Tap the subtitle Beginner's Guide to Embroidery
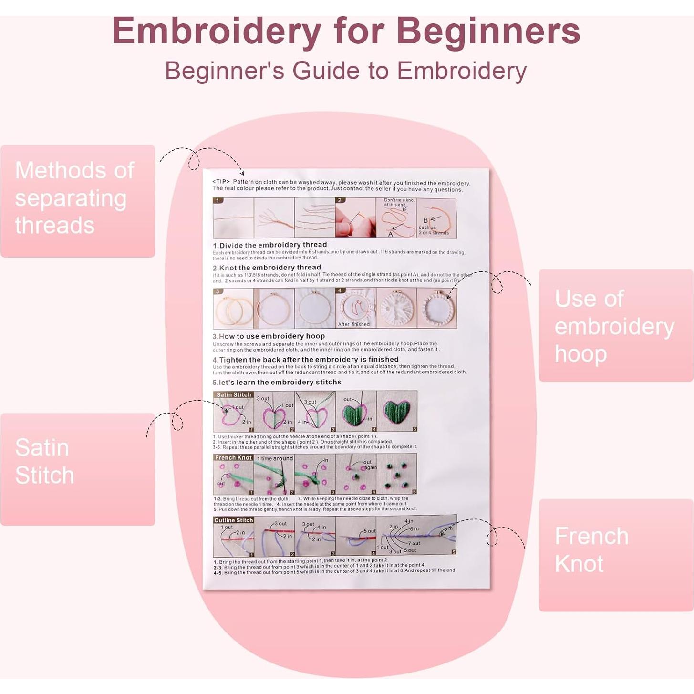point(346,71)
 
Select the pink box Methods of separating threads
point(78,201)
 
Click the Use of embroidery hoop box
point(615,325)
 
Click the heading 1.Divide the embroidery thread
point(270,245)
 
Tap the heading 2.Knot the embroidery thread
point(267,268)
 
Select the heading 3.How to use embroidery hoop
point(269,336)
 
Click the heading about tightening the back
point(305,360)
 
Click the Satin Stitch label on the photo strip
point(234,395)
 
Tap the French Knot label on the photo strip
point(233,458)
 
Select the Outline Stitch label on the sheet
point(233,520)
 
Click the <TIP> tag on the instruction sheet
point(221,182)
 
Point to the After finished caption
point(354,324)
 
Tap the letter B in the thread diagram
point(425,220)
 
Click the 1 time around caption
point(275,459)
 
